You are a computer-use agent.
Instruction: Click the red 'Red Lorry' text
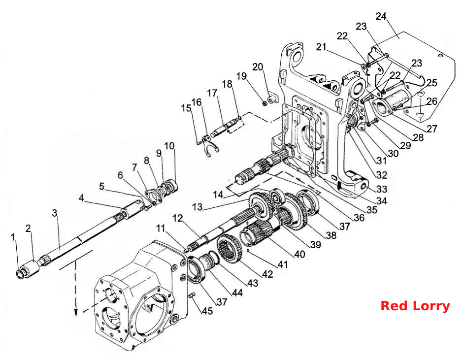click(415, 306)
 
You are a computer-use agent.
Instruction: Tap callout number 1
click(13, 237)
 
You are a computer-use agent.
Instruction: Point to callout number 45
click(207, 311)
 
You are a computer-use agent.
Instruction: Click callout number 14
click(218, 195)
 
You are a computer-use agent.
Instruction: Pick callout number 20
click(258, 67)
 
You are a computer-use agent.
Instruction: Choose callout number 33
click(382, 189)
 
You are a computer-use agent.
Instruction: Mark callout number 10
click(169, 146)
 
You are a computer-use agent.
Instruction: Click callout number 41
click(283, 264)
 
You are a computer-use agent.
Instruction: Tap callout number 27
click(431, 129)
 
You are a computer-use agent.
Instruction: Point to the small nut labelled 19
click(265, 103)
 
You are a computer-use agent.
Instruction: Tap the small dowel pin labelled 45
click(192, 295)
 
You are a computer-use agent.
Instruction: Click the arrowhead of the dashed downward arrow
click(76, 313)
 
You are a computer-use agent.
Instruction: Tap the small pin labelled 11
click(186, 251)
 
